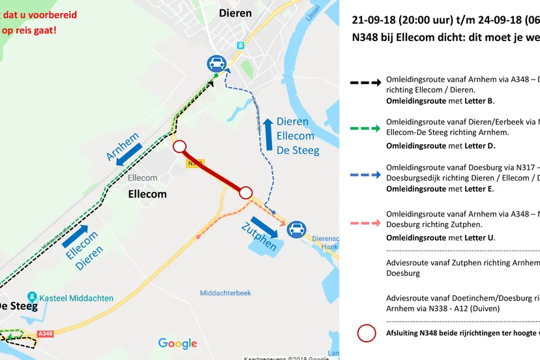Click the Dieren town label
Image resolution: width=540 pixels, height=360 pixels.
pyautogui.click(x=235, y=13)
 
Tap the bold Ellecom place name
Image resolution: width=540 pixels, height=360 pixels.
pyautogui.click(x=147, y=194)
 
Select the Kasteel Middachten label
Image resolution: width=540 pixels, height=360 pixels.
pyautogui.click(x=74, y=298)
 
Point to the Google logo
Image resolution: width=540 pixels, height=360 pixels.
pyautogui.click(x=177, y=344)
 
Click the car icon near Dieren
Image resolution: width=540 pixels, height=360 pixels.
pyautogui.click(x=217, y=63)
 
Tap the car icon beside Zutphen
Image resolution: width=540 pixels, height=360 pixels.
pyautogui.click(x=297, y=228)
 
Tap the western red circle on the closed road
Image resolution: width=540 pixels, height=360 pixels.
pyautogui.click(x=181, y=147)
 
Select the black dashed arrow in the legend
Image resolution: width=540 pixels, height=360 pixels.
pyautogui.click(x=365, y=83)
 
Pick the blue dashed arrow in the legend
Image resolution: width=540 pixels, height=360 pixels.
pyautogui.click(x=365, y=175)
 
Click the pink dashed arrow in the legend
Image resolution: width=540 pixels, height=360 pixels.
pyautogui.click(x=365, y=223)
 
